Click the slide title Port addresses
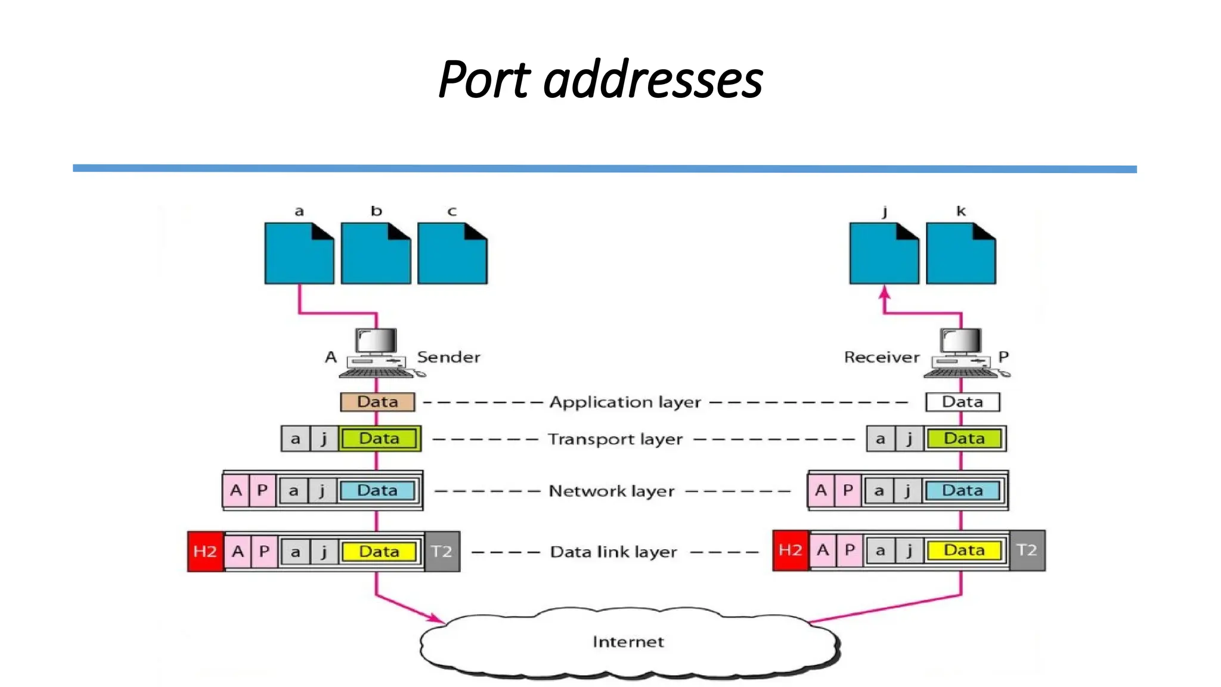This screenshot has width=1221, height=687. [x=600, y=79]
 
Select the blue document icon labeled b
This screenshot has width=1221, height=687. [x=376, y=254]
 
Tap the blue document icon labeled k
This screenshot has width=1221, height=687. [x=960, y=254]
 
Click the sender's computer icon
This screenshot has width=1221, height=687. [x=377, y=353]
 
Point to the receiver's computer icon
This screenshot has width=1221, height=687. [x=962, y=353]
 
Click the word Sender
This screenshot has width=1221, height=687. [x=448, y=357]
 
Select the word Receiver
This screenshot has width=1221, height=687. [x=882, y=357]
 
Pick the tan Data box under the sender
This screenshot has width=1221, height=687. [x=377, y=402]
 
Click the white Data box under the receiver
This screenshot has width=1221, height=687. [x=962, y=402]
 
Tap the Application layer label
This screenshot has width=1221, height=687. [x=625, y=403]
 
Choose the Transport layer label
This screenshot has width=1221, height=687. [x=615, y=440]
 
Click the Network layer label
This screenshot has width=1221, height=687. [x=611, y=491]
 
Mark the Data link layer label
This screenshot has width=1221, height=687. [x=613, y=552]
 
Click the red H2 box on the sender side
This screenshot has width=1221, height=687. [x=205, y=552]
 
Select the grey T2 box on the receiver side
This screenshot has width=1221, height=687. [x=1027, y=550]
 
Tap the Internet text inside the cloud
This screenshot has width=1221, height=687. [x=628, y=642]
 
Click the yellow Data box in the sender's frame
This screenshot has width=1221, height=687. [x=379, y=552]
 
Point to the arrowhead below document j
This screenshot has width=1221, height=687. [x=885, y=293]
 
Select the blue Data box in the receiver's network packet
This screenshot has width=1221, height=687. [x=962, y=491]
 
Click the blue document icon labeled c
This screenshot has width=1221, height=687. [x=452, y=254]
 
